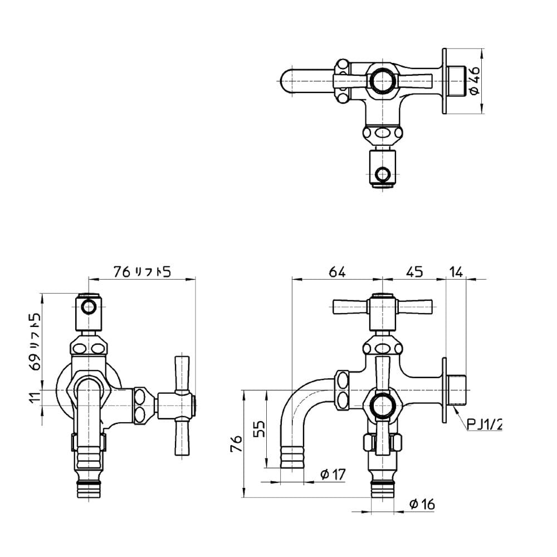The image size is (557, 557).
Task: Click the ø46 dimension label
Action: tap(475, 81)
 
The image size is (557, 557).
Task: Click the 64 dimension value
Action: tap(337, 272)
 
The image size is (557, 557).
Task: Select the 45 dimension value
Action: tap(414, 272)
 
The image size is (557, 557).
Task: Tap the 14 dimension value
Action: tap(456, 272)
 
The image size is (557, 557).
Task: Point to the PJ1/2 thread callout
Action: tap(484, 424)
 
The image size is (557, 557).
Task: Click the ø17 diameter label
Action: tap(333, 474)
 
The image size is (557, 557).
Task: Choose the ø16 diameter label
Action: tap(422, 504)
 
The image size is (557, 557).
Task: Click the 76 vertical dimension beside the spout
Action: tap(237, 443)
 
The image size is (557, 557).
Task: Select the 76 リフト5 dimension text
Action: tap(143, 272)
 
